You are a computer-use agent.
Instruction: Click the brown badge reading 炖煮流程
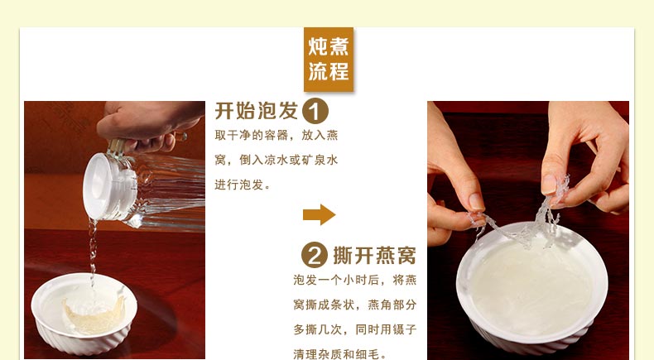329,60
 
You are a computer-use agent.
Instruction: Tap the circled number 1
315,111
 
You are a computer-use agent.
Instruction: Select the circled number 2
314,255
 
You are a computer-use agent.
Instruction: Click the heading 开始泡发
256,111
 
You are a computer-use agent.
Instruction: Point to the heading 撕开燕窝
374,255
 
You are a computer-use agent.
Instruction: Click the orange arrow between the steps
319,215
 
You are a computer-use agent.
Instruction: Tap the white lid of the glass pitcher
108,186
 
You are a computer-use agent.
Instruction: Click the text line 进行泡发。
243,185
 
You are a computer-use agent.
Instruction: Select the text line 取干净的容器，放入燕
277,135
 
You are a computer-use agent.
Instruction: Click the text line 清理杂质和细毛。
336,354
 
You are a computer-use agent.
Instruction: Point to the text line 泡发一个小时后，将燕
354,280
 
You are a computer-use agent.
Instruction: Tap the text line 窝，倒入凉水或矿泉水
277,160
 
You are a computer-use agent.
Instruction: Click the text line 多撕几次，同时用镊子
354,329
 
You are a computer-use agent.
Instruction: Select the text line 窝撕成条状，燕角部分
354,305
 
